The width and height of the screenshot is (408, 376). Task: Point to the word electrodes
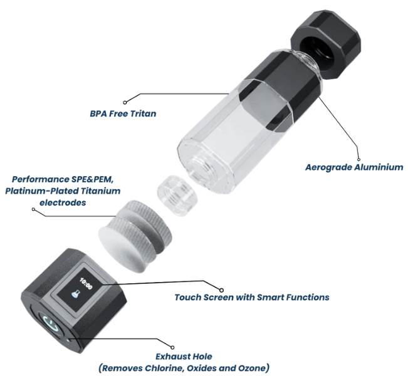click(x=63, y=202)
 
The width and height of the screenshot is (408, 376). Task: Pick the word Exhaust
click(x=172, y=356)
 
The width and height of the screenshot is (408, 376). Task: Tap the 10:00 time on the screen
click(x=86, y=284)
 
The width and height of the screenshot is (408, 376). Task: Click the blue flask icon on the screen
click(x=75, y=295)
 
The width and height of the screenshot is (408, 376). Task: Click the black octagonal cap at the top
click(x=326, y=44)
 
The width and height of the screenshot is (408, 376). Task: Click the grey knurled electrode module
click(x=135, y=236)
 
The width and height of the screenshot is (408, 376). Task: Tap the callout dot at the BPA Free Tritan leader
click(x=125, y=103)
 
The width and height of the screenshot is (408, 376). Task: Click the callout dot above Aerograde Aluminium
click(x=358, y=159)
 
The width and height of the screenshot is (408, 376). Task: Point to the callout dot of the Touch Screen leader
click(x=221, y=290)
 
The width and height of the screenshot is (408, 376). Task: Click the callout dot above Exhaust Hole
click(x=172, y=347)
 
